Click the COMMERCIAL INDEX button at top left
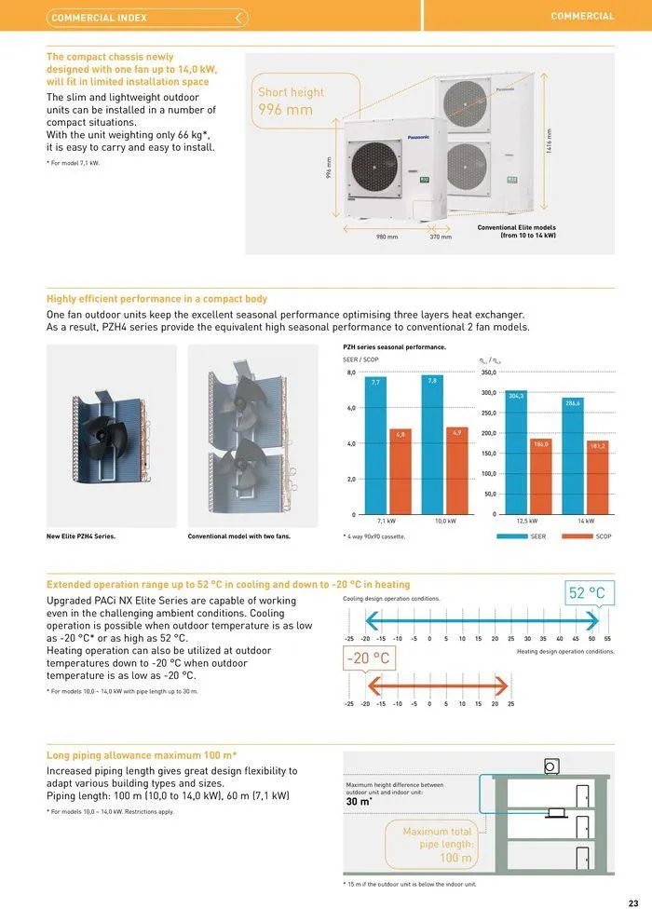[x=147, y=18]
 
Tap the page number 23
[x=633, y=902]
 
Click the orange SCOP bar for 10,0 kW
[x=456, y=470]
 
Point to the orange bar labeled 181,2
[x=597, y=477]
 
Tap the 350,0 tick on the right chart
[x=489, y=373]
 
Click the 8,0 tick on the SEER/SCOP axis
[x=351, y=373]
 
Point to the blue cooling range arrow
[x=480, y=620]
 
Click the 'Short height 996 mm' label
[x=292, y=102]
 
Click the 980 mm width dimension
[x=387, y=237]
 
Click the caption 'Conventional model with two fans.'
[x=239, y=536]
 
